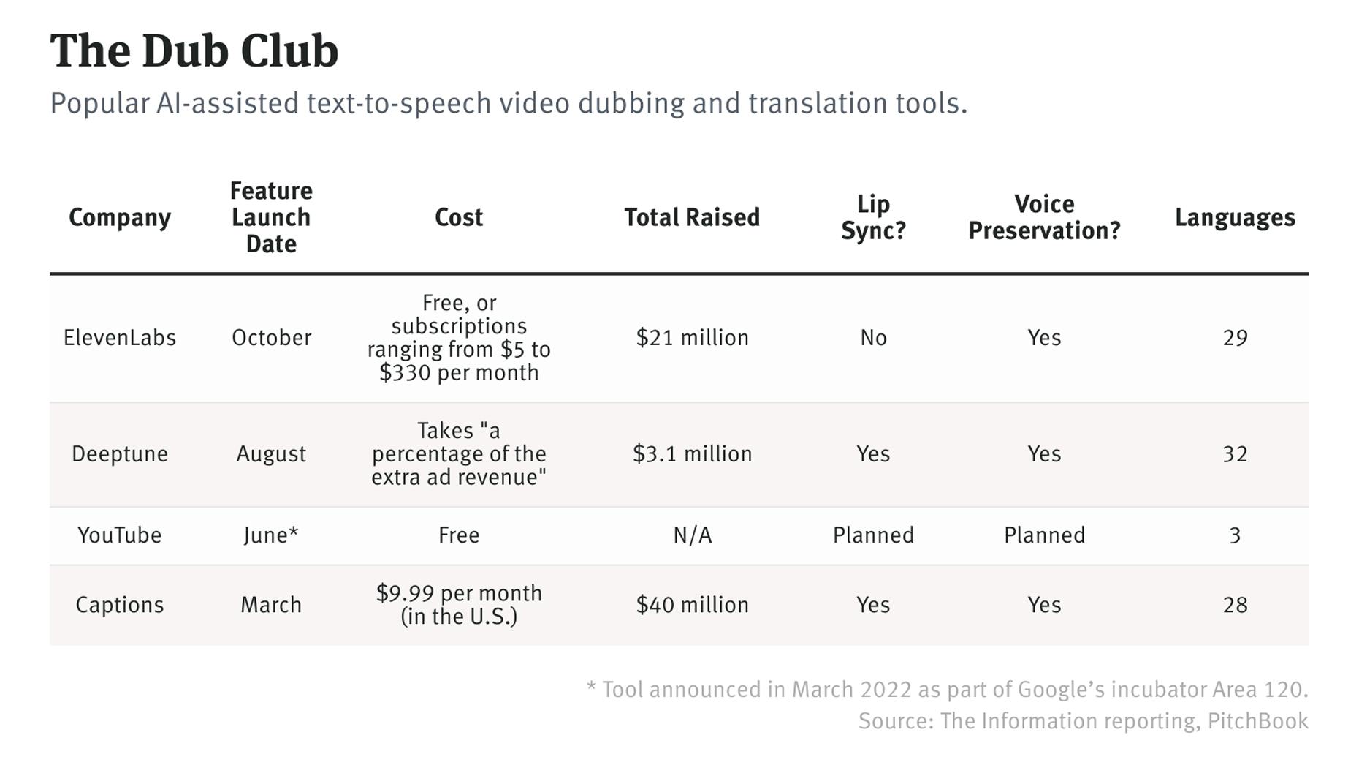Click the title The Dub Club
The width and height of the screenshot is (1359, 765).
pos(194,51)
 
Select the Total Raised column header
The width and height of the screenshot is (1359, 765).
pos(691,217)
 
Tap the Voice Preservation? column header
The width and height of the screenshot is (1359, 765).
pos(1044,217)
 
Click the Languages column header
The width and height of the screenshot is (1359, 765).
pos(1234,217)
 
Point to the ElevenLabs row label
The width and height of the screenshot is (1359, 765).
pos(120,337)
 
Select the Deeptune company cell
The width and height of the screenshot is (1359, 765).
pos(120,453)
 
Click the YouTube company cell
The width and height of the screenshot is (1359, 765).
pos(120,535)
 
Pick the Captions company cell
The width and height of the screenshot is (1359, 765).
pos(120,605)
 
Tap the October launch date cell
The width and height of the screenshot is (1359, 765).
pos(271,337)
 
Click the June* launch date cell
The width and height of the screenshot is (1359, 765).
pos(271,535)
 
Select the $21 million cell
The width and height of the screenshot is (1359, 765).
pos(691,337)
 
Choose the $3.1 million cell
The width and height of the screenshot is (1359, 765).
pos(691,453)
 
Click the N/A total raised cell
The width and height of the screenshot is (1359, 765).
pos(691,535)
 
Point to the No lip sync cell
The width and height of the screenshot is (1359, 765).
pos(873,337)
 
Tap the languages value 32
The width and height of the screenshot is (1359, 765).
pos(1234,453)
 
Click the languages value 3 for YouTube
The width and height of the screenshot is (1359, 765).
pos(1234,535)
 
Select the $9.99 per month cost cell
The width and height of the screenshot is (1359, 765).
pos(459,604)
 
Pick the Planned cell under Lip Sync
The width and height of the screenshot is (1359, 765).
pos(873,535)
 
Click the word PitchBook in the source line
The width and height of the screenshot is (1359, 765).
pos(1257,721)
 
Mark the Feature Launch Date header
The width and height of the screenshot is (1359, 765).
pos(271,217)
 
